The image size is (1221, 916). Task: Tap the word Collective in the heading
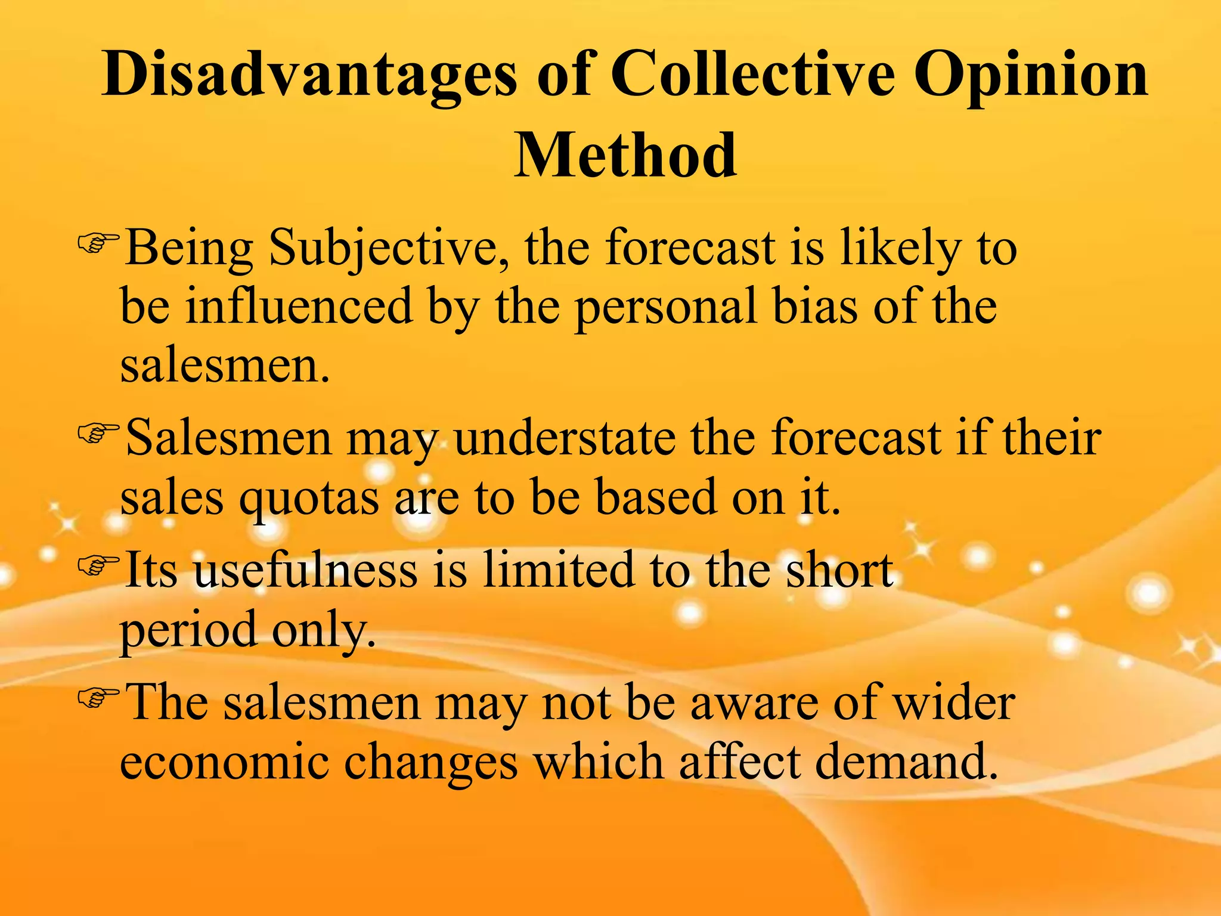(x=753, y=75)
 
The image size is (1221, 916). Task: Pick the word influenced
(x=299, y=306)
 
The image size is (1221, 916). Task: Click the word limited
(x=559, y=570)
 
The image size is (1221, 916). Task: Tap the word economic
(x=224, y=762)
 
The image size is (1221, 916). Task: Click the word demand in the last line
(x=906, y=762)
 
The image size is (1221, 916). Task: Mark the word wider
(x=955, y=703)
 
